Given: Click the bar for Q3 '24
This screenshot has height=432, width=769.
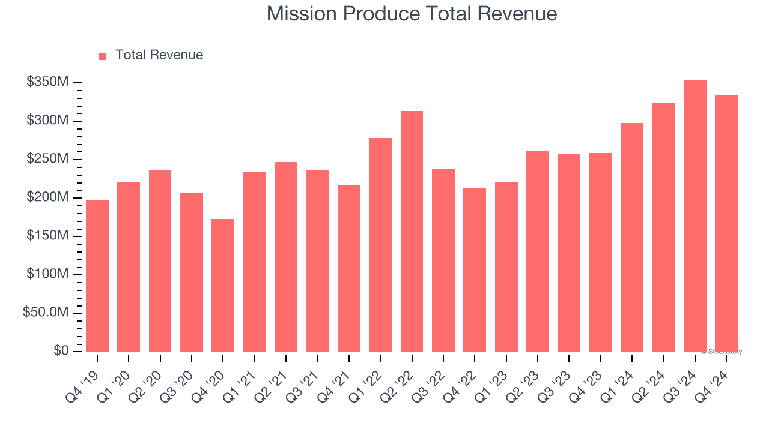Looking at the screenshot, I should click(x=695, y=216).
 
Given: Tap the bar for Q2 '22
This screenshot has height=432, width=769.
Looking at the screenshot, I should click(x=412, y=231).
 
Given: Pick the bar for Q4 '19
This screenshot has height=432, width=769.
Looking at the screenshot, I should click(x=97, y=276).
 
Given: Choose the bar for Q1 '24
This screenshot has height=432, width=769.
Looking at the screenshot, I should click(x=632, y=237).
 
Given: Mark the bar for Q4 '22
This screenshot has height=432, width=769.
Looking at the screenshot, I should click(x=475, y=270).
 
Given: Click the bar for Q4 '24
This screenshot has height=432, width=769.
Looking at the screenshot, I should click(x=726, y=223).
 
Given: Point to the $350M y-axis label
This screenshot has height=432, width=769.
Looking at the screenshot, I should click(x=47, y=82).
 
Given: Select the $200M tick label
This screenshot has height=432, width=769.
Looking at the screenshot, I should click(x=47, y=197).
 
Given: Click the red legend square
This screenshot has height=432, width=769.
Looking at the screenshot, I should click(x=102, y=56).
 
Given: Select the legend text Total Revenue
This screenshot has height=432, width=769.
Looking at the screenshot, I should click(x=159, y=55).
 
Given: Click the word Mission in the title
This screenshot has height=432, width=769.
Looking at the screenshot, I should click(x=302, y=14).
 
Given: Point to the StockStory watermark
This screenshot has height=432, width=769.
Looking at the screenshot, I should click(x=722, y=352).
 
